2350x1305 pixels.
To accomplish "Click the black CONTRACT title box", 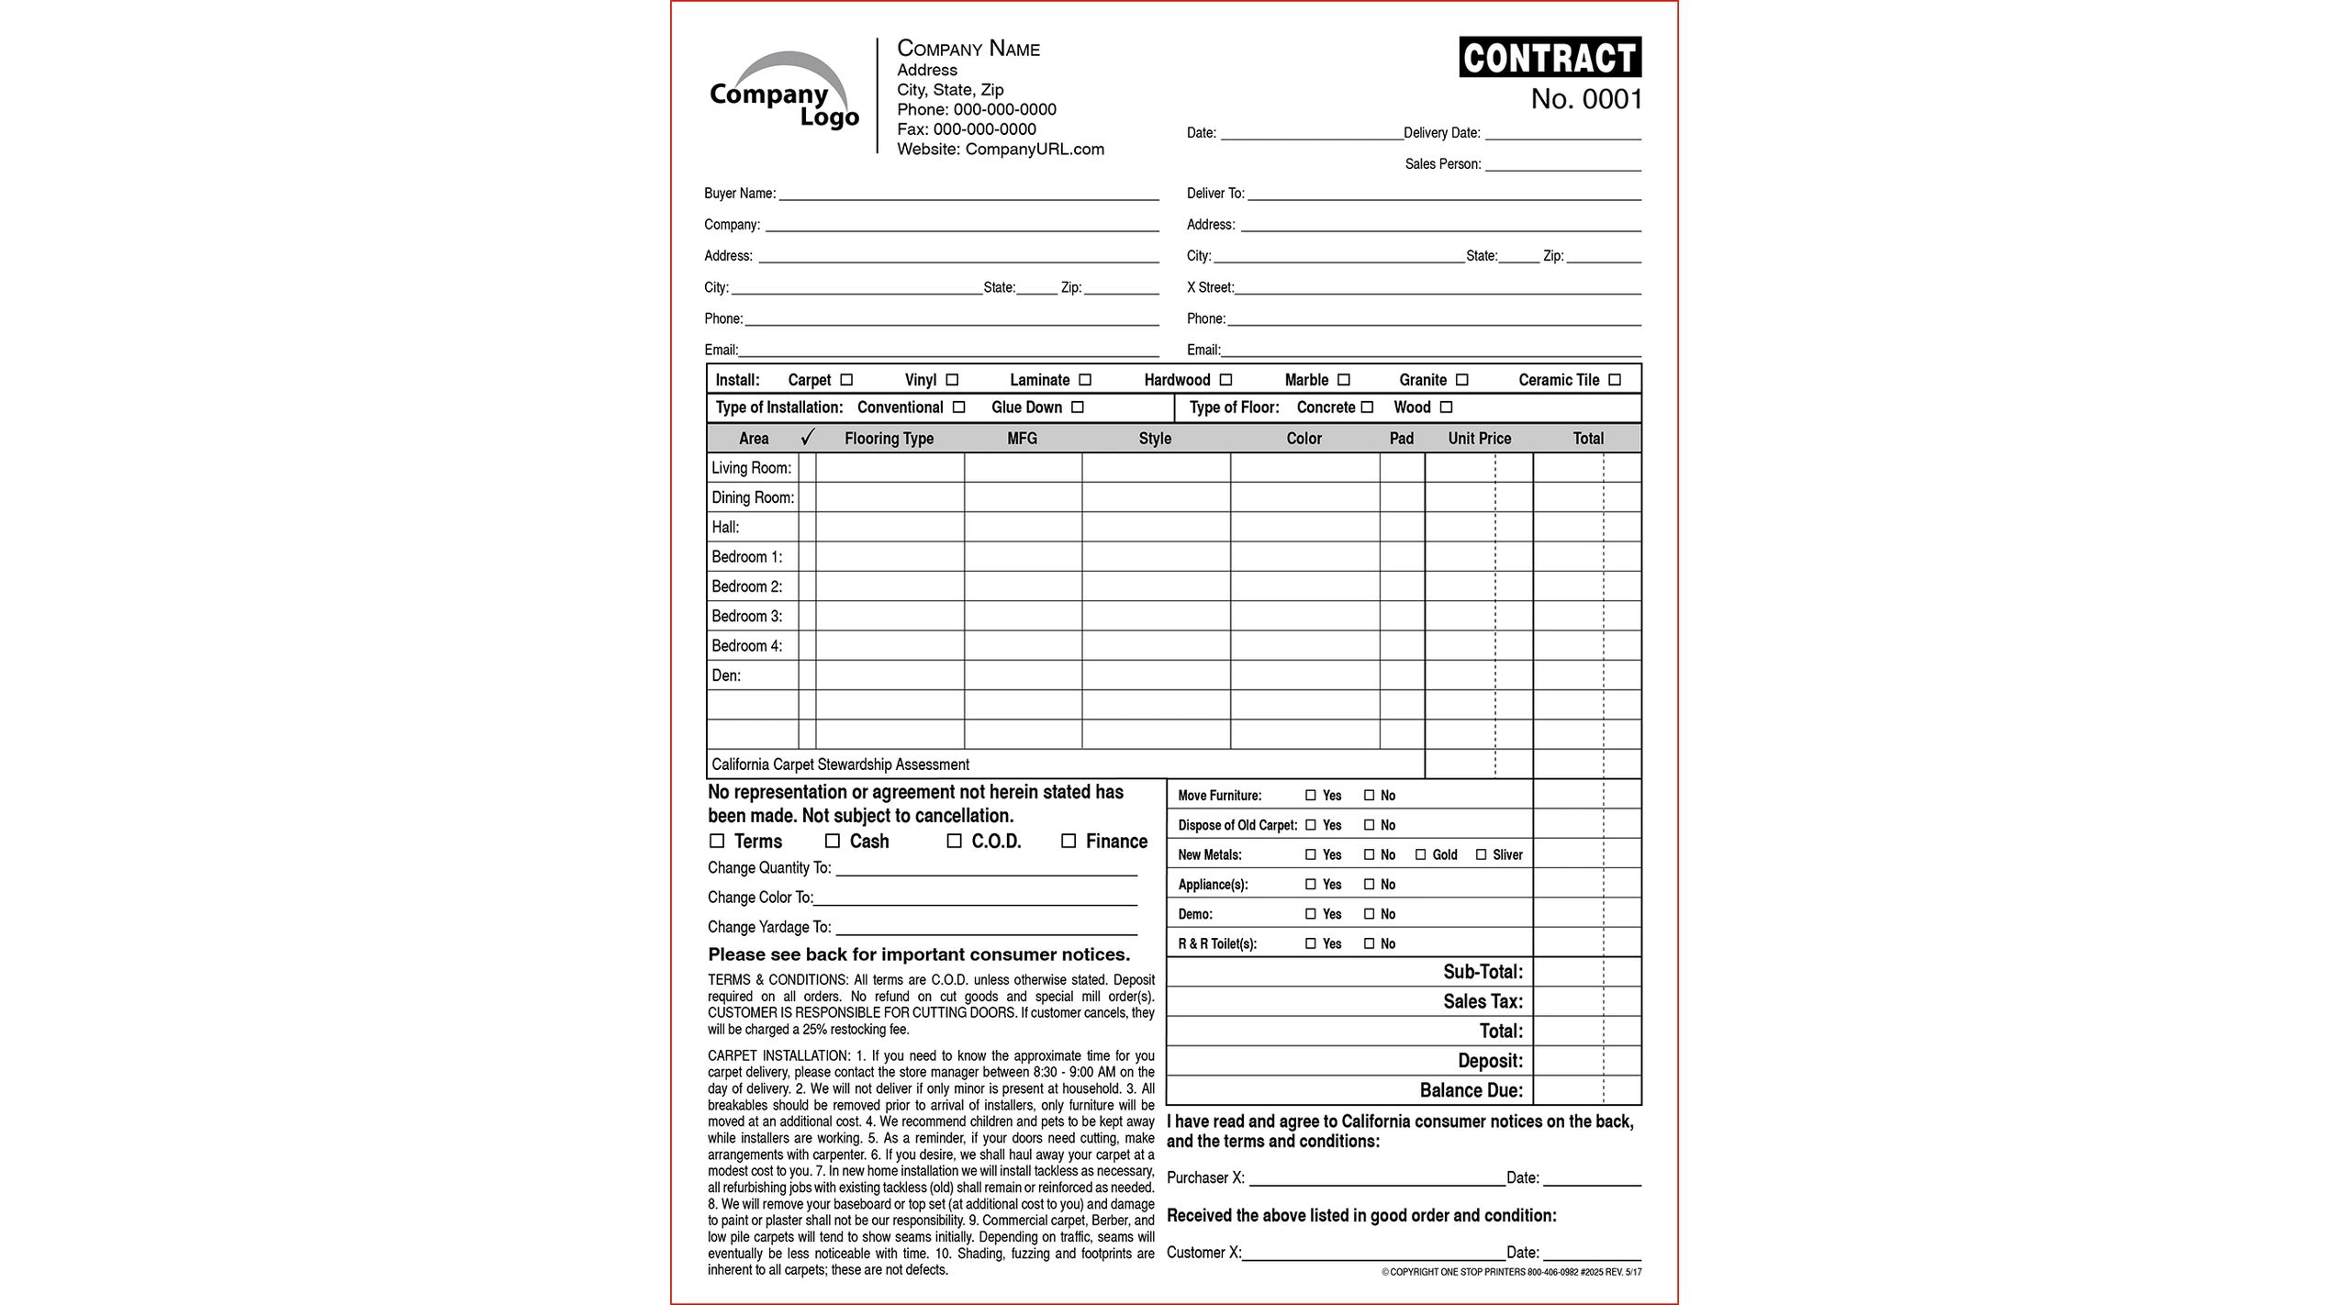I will [x=1550, y=57].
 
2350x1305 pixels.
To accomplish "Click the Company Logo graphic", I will [x=784, y=92].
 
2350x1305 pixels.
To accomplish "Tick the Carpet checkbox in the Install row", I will [x=846, y=380].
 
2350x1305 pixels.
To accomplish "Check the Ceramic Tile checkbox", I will [x=1615, y=380].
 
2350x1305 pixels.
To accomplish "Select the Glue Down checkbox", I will [x=1078, y=407].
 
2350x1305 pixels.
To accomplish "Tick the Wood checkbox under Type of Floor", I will [x=1447, y=407].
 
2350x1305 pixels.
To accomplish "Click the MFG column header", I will [x=1022, y=439].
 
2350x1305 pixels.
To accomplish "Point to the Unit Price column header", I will [x=1479, y=439].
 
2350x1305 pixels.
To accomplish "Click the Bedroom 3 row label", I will [x=747, y=616].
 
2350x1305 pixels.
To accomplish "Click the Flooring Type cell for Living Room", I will [x=890, y=468].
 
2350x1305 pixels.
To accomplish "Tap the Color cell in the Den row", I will [x=1304, y=675].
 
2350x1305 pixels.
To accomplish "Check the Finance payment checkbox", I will [x=1069, y=841].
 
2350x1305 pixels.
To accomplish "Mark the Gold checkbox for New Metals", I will [x=1421, y=854].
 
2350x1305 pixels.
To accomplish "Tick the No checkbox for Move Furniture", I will [x=1370, y=796].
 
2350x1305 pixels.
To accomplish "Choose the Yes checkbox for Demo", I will [x=1311, y=914].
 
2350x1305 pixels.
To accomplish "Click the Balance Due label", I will [x=1471, y=1090].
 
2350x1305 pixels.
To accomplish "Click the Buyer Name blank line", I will [x=968, y=195].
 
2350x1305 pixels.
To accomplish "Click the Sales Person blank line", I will [x=1562, y=165].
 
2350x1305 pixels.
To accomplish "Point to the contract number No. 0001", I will [x=1586, y=99].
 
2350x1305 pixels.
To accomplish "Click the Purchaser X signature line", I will [x=1377, y=1179].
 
